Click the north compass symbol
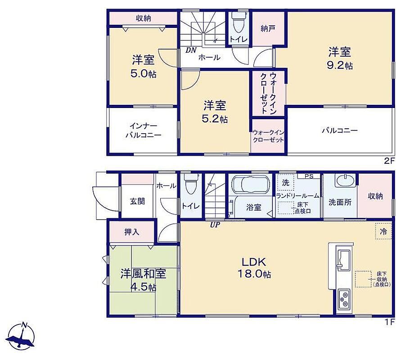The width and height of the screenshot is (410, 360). click(x=21, y=337)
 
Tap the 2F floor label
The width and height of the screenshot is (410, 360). click(x=389, y=161)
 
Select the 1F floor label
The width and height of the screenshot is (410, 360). click(x=389, y=322)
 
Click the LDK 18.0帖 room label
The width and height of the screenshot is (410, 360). click(x=254, y=268)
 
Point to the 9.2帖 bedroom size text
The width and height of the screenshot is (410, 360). click(x=340, y=65)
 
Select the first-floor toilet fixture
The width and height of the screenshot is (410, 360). click(x=191, y=184)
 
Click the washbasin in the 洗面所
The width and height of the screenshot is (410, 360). click(x=345, y=181)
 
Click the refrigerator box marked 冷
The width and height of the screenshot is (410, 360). click(x=383, y=231)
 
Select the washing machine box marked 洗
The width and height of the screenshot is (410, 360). click(x=285, y=183)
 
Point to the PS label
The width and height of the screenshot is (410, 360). click(x=309, y=176)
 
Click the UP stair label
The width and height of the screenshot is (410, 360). click(x=215, y=225)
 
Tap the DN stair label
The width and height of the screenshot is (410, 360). click(x=191, y=50)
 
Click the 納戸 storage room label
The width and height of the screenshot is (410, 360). click(x=268, y=28)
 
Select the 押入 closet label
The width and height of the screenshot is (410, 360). click(x=131, y=232)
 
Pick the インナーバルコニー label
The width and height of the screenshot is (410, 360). click(x=143, y=130)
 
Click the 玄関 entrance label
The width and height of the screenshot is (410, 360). click(x=137, y=201)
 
